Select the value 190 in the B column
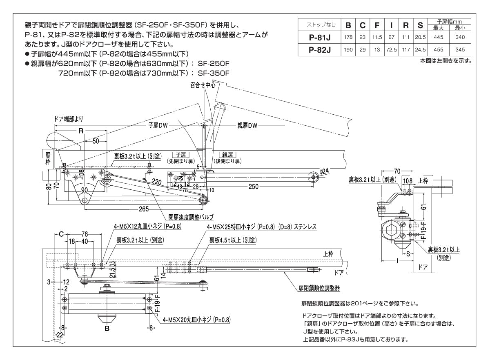coord(348,51)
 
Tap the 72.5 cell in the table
coord(391,51)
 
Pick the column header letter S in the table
coord(420,25)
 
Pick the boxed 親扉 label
coord(227,155)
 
